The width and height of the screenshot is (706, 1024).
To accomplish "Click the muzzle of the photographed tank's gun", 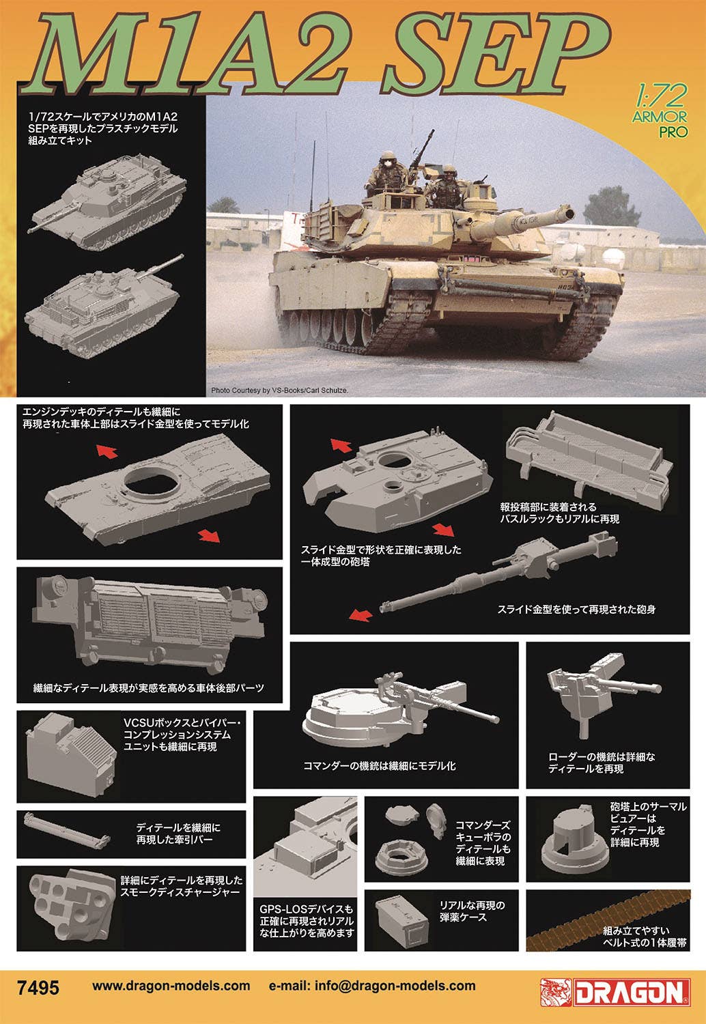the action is pyautogui.click(x=569, y=212).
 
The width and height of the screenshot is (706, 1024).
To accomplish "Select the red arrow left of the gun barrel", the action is pyautogui.click(x=361, y=615).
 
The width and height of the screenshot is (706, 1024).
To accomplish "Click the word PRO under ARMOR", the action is pyautogui.click(x=673, y=132).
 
